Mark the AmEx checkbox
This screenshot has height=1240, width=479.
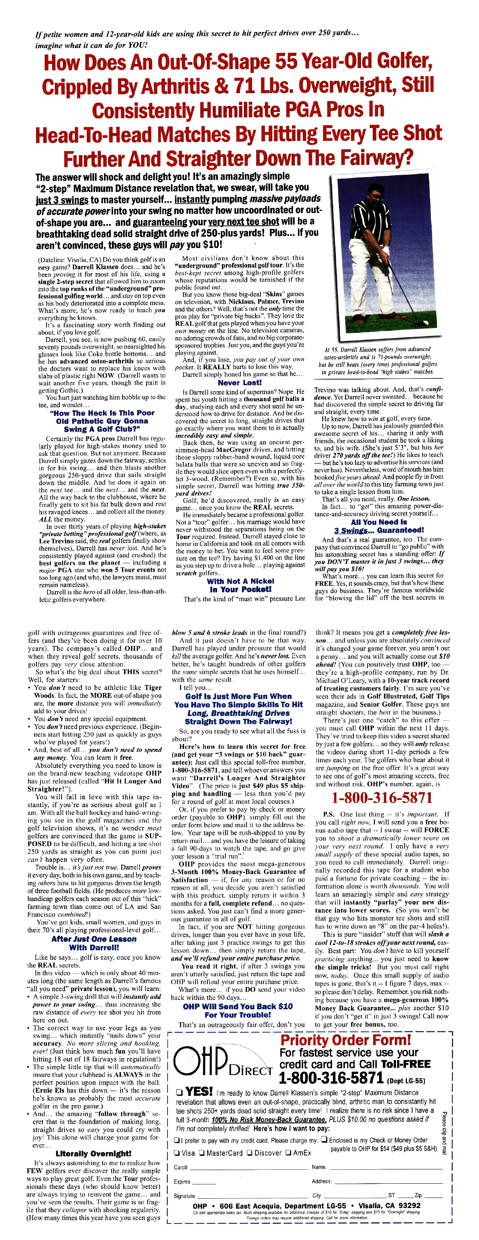tap(288, 1153)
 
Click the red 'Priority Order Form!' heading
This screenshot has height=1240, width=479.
tap(346, 1040)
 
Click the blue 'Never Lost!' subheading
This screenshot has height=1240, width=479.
tap(239, 383)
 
